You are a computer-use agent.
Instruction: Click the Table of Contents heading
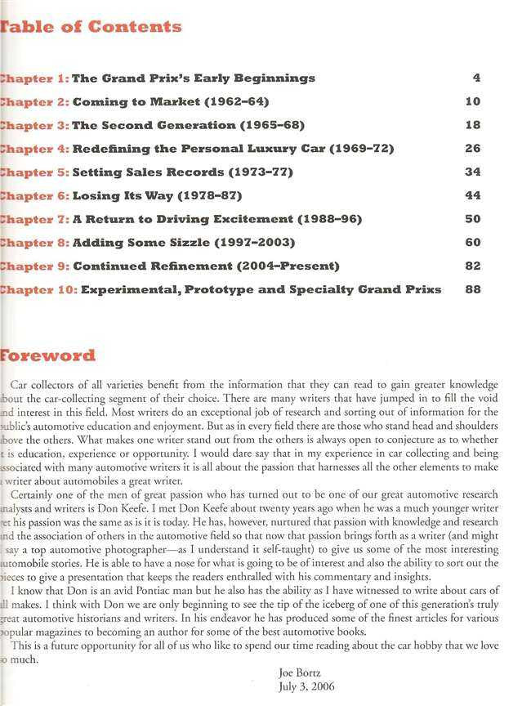coord(91,26)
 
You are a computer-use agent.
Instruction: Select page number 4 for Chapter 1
coord(475,78)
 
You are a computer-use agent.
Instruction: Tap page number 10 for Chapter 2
coord(472,102)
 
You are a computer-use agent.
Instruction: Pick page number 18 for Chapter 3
coord(472,125)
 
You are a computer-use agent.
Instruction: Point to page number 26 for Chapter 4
coord(472,149)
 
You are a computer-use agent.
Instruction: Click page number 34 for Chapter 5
coord(472,172)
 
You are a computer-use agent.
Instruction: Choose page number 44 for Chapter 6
coord(472,196)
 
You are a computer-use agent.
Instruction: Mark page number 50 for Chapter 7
coord(472,220)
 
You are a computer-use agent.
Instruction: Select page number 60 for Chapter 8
coord(472,243)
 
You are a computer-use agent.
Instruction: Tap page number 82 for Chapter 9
coord(472,266)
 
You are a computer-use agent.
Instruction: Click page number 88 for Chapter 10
coord(472,289)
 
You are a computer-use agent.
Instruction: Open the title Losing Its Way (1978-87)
coord(157,196)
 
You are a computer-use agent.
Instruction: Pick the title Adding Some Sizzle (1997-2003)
coord(184,243)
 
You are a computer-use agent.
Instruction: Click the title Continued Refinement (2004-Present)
coord(206,266)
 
